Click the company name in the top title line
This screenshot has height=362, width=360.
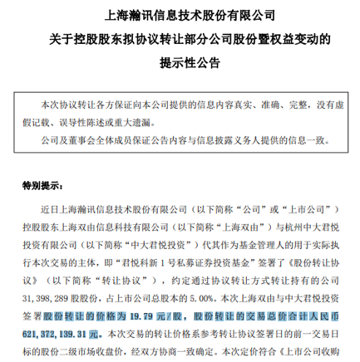[x=180, y=14]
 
